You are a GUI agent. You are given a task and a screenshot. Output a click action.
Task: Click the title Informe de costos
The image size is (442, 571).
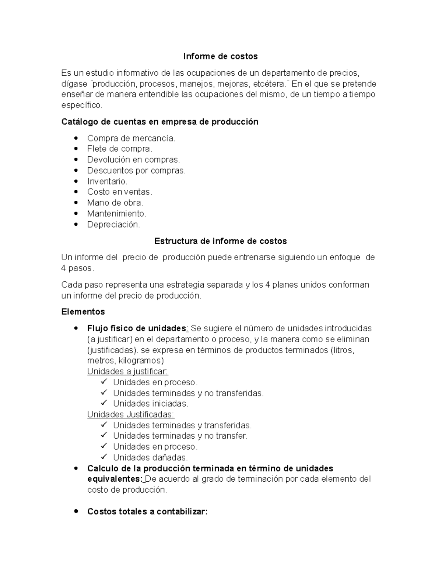point(221,56)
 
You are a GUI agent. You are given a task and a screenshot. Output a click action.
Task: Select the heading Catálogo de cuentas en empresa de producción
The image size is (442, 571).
point(160,122)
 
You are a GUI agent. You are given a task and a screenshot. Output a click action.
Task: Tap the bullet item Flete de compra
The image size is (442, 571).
point(119,149)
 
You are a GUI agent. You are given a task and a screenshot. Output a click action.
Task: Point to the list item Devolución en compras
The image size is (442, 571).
point(133,160)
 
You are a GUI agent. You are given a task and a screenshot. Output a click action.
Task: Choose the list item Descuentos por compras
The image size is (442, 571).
point(136,171)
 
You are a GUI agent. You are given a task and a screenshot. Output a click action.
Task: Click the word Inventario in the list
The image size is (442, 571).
point(107,181)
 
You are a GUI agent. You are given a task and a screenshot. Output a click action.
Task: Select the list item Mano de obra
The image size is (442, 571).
point(115,203)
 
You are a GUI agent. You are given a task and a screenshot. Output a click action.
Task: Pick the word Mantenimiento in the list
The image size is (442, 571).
point(116,213)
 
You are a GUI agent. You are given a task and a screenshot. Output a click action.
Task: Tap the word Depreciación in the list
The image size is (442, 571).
point(113,224)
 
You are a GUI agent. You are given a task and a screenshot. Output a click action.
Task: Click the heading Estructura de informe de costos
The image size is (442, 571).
point(220,241)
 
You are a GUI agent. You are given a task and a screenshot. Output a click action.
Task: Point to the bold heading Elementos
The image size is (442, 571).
point(83,312)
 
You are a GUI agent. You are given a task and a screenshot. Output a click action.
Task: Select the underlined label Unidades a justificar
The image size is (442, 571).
point(127,371)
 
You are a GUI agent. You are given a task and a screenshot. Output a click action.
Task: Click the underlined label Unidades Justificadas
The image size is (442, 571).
point(131,414)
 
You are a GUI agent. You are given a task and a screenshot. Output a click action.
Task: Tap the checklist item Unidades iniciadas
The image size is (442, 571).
point(150,404)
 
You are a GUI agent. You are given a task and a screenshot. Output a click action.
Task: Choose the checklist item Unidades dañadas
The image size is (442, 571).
point(150,457)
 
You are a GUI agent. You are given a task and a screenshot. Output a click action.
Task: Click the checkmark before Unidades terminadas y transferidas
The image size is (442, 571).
point(104,425)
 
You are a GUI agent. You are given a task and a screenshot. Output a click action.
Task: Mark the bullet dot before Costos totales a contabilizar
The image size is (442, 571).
point(76,511)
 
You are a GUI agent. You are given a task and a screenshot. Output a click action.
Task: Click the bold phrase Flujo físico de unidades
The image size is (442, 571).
point(137,328)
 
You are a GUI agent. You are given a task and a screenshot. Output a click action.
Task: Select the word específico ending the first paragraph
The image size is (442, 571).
point(81,105)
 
